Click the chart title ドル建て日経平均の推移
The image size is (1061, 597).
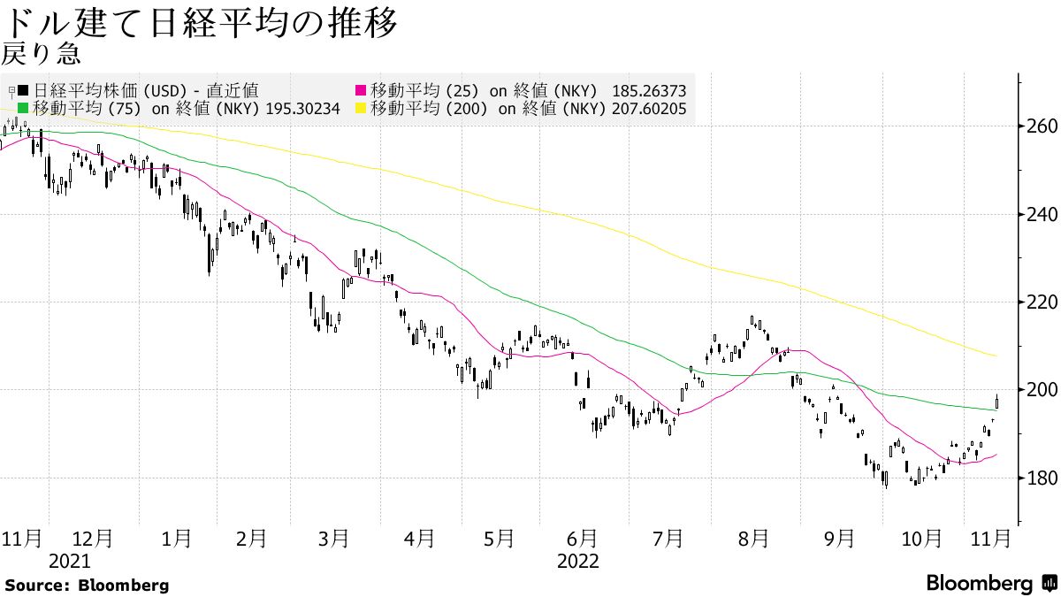[x=199, y=22]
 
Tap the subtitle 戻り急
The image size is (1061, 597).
[x=42, y=55]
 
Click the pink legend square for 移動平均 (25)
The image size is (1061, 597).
[x=361, y=91]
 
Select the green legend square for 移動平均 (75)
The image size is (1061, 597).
[x=22, y=109]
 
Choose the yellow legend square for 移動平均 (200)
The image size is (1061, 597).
[x=361, y=109]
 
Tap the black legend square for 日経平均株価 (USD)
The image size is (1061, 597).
[x=22, y=91]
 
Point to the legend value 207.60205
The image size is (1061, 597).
[x=648, y=109]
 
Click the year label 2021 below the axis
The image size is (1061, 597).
[x=70, y=561]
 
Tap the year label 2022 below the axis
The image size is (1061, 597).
[x=577, y=561]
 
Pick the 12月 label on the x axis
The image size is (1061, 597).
[x=92, y=538]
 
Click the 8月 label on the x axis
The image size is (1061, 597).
[x=753, y=538]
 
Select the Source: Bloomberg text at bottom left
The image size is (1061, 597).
[x=87, y=585]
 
